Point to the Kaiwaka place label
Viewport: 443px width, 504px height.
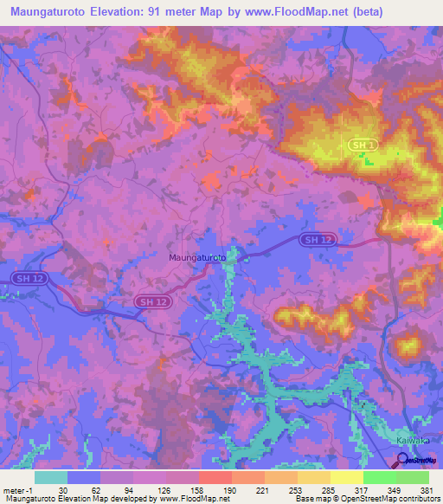413,440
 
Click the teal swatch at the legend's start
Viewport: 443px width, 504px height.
51,477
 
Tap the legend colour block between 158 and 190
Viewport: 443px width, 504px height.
215,477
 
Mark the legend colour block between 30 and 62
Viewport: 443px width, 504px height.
84,477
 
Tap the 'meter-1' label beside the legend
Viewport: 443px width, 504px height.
17,490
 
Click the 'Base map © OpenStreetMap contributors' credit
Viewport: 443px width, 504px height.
366,500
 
